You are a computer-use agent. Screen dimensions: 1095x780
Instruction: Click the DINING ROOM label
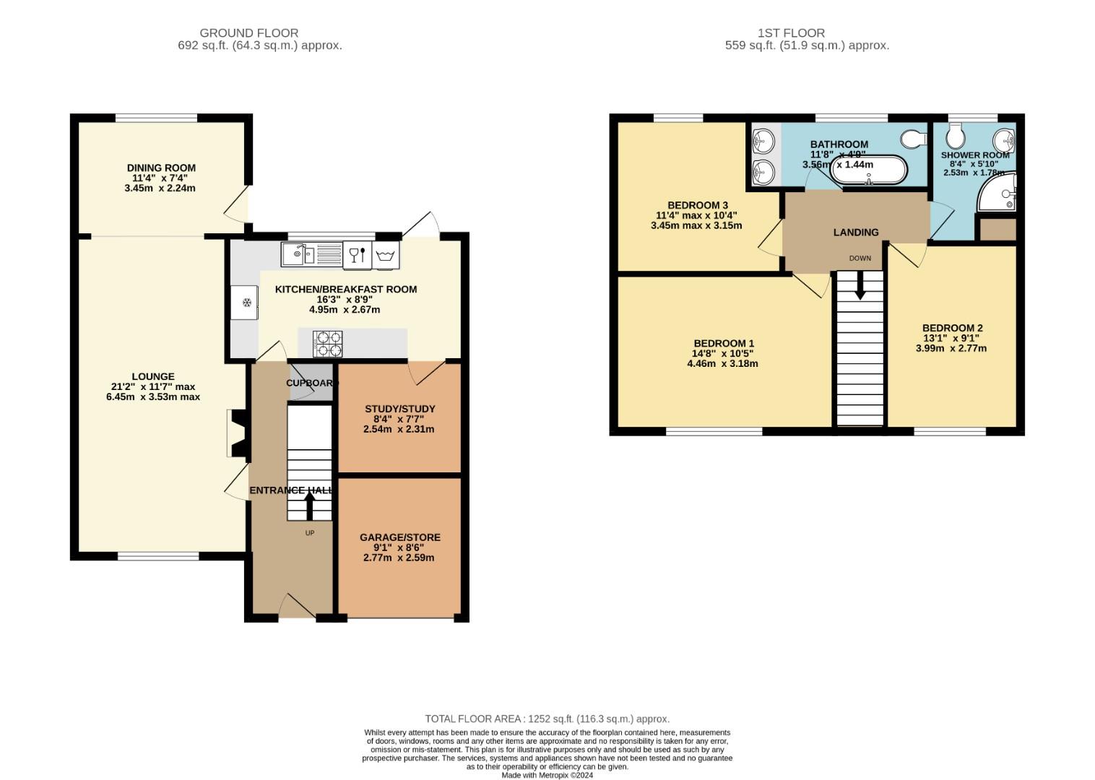tap(161, 168)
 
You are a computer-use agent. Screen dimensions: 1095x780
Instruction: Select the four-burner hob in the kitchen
tap(327, 344)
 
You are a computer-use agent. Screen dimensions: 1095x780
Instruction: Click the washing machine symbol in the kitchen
tap(386, 255)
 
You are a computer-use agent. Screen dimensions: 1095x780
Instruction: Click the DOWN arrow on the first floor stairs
tap(860, 285)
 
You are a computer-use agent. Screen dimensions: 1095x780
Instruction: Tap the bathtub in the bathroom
tap(868, 170)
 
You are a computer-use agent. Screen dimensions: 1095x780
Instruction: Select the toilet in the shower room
tap(955, 135)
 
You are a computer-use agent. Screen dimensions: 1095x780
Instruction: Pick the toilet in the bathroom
tap(913, 139)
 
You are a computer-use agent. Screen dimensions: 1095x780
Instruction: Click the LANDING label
tap(856, 232)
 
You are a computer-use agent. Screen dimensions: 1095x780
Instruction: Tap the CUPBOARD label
tap(312, 383)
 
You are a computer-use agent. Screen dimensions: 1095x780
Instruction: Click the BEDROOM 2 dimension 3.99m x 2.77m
tap(951, 348)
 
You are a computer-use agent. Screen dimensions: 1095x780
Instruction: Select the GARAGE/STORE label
tap(400, 537)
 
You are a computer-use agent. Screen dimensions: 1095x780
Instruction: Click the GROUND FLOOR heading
tap(248, 33)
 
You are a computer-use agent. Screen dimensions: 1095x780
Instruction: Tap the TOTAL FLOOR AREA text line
tap(547, 719)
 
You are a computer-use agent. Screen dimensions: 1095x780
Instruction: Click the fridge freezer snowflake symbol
tap(247, 303)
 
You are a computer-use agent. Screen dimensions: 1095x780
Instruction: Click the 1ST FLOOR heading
tap(792, 33)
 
